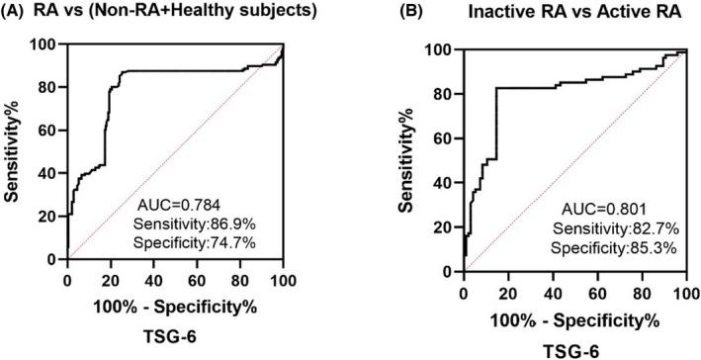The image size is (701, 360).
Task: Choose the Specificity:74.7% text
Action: [x=188, y=229]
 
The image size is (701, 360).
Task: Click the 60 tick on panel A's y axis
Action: [x=48, y=131]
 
